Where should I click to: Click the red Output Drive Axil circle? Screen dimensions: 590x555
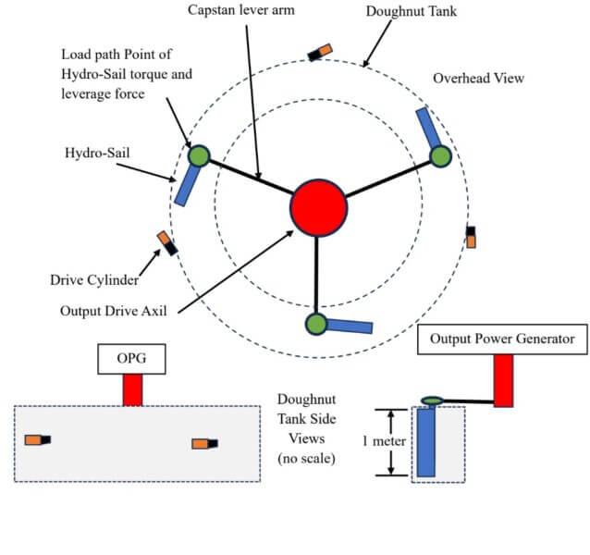coord(318,208)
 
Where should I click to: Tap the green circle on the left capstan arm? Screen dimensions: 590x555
coord(199,156)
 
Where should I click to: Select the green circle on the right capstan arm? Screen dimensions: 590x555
coord(440,156)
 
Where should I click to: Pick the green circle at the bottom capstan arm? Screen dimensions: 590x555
coord(316,324)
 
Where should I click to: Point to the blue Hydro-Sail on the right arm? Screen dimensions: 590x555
coord(428,128)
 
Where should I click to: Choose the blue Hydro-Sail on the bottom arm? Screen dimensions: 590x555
coord(350,327)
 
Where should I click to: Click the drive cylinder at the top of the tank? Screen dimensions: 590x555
coord(320,53)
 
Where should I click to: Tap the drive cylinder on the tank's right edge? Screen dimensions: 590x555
coord(471,237)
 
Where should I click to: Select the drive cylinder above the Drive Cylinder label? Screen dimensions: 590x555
coord(167,243)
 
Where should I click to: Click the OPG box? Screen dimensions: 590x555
coord(131,359)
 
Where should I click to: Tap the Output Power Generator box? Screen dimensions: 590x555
coord(502,339)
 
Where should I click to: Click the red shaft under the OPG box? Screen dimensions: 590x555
coord(132,390)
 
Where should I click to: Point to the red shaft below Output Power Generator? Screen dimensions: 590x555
coord(503,381)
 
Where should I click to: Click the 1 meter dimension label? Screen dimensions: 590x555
coord(384,441)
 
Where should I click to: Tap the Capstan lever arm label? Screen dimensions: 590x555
coord(241,10)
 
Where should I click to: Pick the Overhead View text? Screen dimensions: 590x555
coord(479,79)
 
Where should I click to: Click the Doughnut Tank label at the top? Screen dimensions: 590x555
coord(412,11)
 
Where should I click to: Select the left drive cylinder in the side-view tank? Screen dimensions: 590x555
coord(38,440)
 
